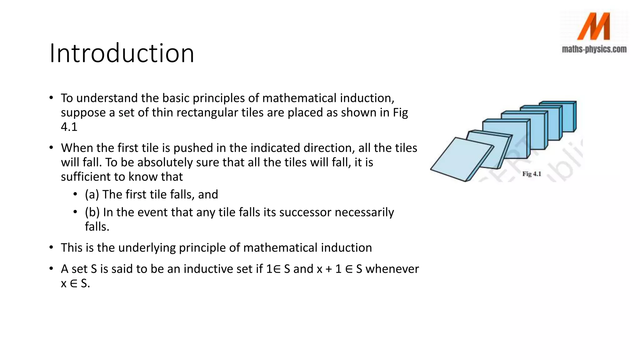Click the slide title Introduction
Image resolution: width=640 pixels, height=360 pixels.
[122, 53]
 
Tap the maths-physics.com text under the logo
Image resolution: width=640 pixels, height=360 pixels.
[594, 49]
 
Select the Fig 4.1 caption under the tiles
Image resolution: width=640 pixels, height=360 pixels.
[532, 174]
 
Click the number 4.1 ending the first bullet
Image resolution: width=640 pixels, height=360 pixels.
[69, 127]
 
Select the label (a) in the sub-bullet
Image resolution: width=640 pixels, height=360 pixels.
[92, 195]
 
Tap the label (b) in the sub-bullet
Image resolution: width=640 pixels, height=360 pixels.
[92, 212]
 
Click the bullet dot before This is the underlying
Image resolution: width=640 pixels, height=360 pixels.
[51, 248]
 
